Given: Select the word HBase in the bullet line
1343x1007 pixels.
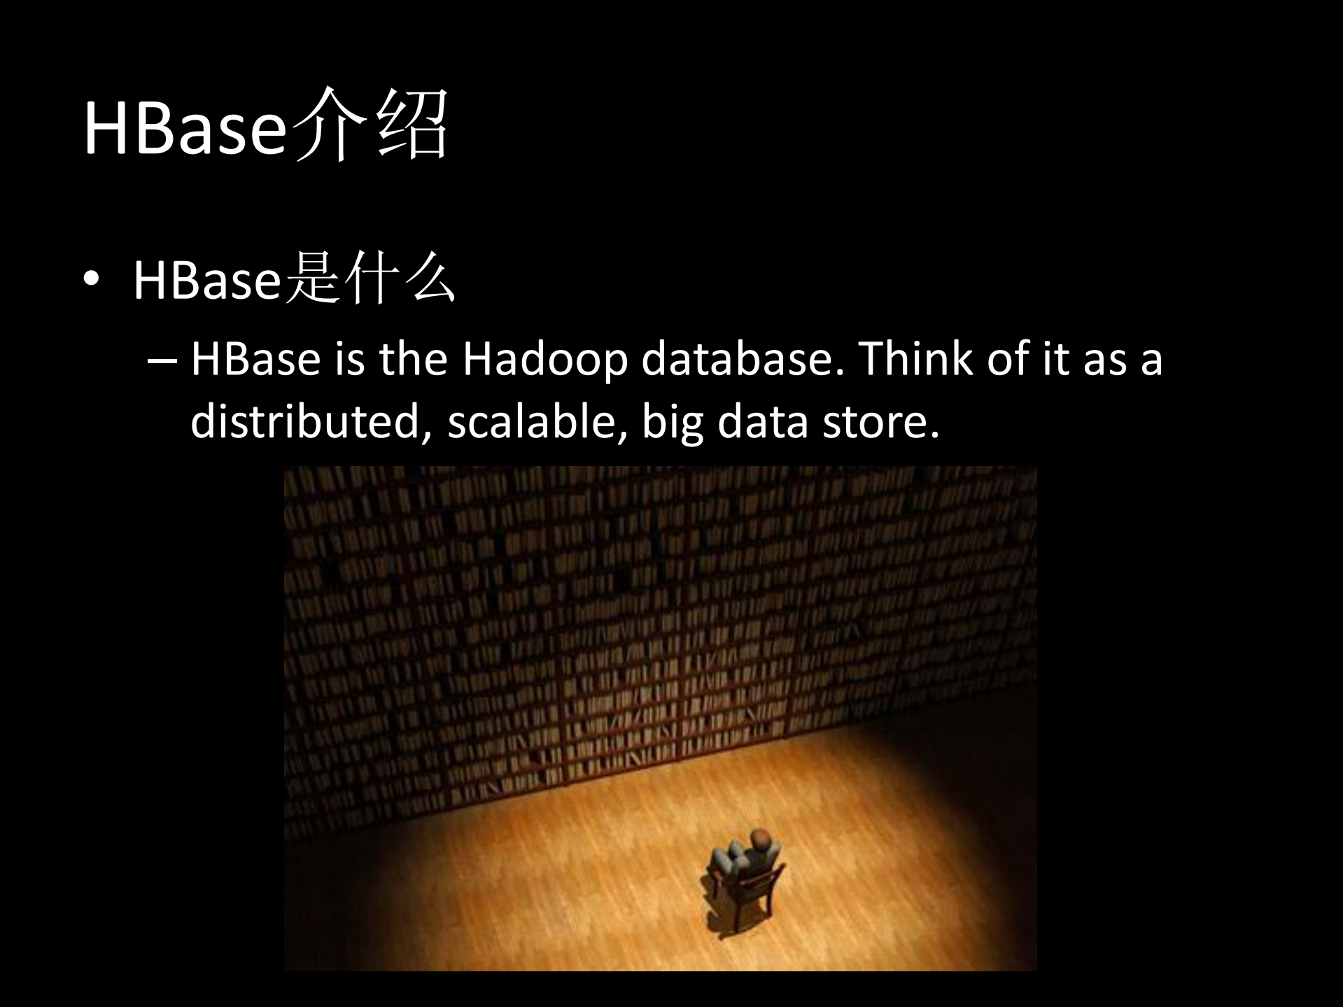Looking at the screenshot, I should [206, 280].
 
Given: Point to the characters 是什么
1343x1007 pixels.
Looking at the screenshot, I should [370, 279].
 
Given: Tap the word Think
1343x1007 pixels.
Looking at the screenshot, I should [914, 358].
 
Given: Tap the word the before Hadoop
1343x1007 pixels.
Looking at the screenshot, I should [413, 358].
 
